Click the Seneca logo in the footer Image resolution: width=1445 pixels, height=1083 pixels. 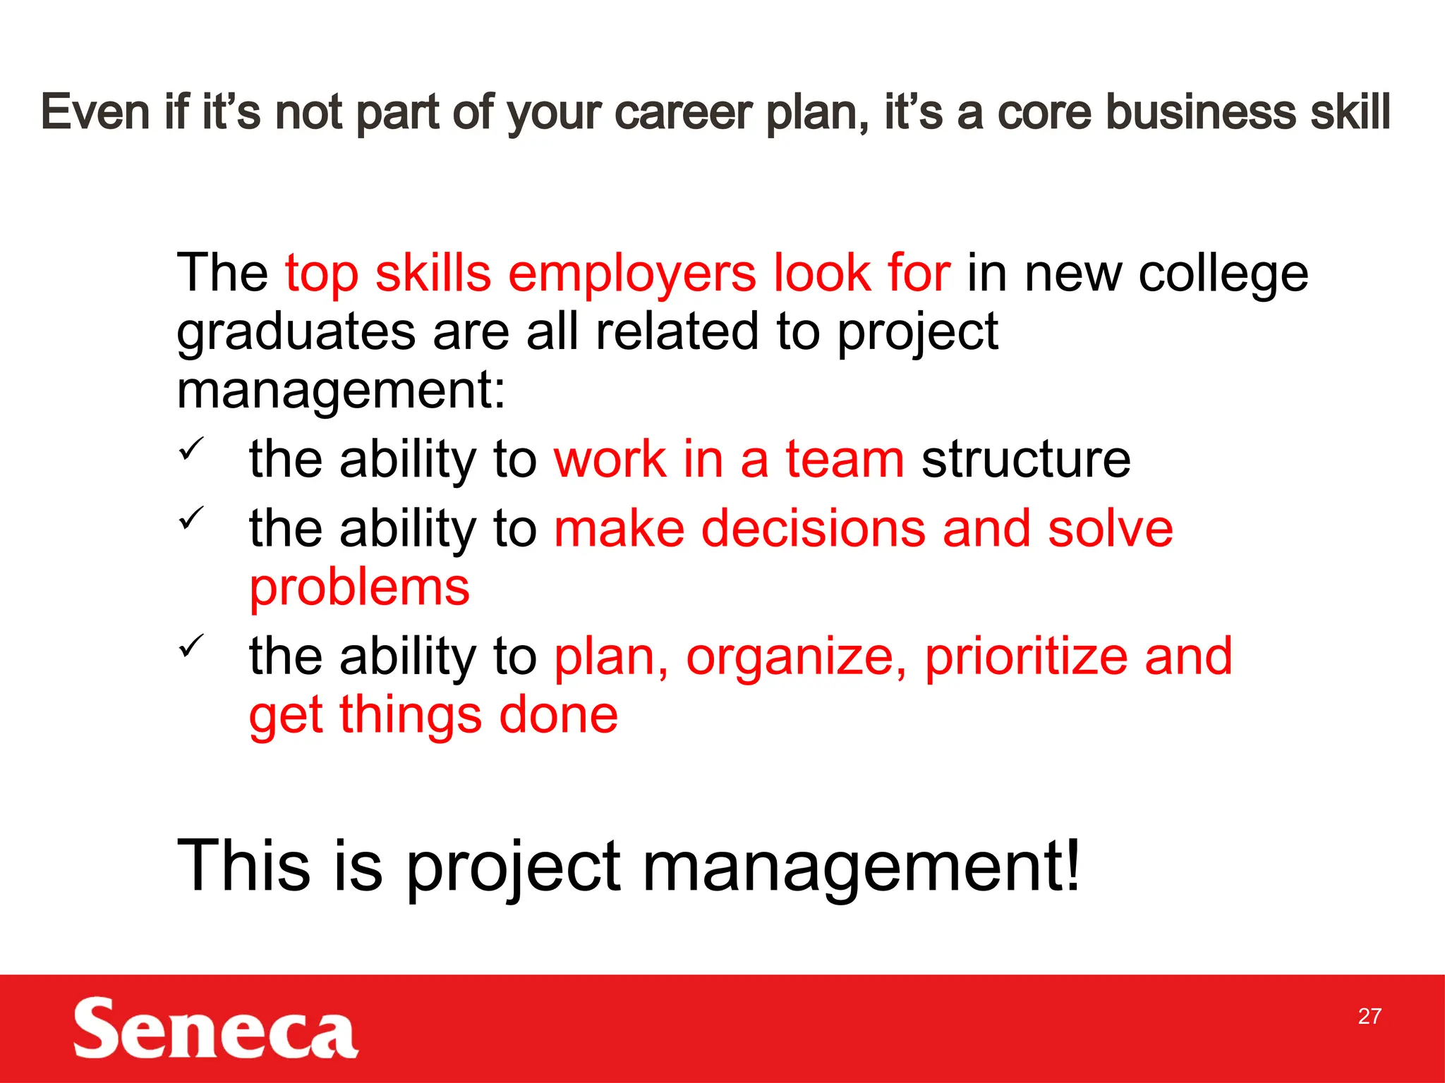(215, 1028)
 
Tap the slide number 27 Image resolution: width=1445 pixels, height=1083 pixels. (1369, 1016)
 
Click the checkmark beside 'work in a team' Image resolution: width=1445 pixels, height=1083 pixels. (191, 448)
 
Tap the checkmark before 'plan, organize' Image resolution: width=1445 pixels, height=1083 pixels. (191, 645)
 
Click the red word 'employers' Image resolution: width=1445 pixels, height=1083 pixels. (631, 275)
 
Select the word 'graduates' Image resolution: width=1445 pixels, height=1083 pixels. (296, 333)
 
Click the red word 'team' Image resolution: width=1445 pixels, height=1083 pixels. (845, 460)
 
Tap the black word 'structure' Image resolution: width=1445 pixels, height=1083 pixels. (1025, 460)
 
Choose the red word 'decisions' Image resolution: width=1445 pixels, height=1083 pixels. (813, 529)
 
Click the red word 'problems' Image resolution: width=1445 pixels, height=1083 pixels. (359, 588)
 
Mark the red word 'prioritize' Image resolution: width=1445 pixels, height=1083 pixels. (1025, 657)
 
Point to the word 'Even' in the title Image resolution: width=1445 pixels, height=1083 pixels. (95, 113)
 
